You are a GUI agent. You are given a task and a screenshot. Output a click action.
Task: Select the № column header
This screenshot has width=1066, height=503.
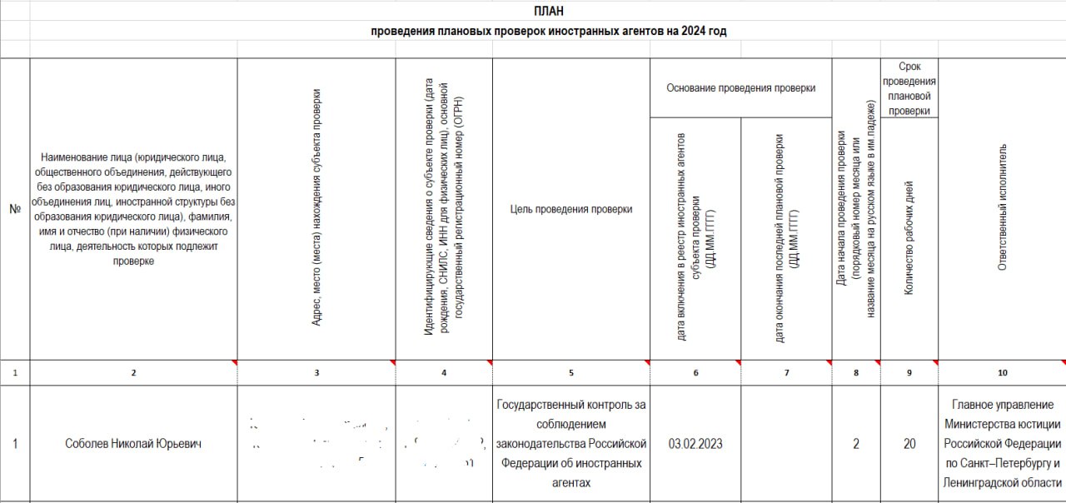[15, 209]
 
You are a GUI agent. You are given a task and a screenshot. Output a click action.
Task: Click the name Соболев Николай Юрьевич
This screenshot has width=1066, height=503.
[133, 444]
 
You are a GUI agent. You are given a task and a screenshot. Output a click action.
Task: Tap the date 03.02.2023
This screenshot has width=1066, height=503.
[695, 444]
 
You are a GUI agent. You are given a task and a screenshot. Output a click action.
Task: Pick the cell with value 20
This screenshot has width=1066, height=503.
[909, 444]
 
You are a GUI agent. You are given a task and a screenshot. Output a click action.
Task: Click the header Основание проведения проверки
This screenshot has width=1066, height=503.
[740, 87]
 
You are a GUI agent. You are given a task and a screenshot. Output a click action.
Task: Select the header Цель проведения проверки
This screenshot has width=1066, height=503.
[570, 209]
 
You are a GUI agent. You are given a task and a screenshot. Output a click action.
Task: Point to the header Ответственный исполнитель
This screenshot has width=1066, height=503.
[1002, 207]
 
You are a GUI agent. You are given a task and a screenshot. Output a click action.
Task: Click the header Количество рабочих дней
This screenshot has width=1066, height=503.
[909, 238]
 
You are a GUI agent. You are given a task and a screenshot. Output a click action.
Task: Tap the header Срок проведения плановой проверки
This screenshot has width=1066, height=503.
[909, 87]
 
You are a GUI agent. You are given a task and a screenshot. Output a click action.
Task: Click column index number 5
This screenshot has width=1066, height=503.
[570, 373]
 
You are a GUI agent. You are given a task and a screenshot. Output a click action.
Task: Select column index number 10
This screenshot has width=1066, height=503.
[1002, 373]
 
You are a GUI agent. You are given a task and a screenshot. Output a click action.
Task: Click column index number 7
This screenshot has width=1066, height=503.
[786, 373]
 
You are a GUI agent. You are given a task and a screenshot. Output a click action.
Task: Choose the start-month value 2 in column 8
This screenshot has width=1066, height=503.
[856, 444]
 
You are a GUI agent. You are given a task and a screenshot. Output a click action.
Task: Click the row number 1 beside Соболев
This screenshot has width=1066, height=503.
[15, 444]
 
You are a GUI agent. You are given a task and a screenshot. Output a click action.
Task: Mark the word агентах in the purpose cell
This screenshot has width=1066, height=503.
[570, 483]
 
